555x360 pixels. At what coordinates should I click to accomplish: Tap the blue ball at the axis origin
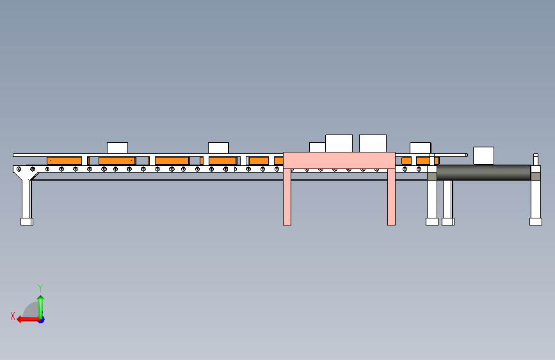[x=41, y=319]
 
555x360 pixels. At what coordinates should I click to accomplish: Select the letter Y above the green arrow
[x=40, y=288]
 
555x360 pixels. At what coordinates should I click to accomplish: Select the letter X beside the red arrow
[x=12, y=315]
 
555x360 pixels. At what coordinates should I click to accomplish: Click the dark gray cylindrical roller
[x=483, y=172]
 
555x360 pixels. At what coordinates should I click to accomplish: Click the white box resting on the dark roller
[x=483, y=156]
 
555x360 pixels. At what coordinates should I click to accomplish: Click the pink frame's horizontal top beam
[x=339, y=160]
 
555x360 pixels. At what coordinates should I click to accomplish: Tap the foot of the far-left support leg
[x=26, y=222]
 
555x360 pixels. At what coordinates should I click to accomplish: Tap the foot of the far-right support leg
[x=535, y=222]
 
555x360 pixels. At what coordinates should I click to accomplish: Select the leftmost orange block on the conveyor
[x=64, y=160]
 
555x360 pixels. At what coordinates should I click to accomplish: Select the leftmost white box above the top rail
[x=117, y=148]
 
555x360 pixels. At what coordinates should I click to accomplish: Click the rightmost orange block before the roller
[x=423, y=160]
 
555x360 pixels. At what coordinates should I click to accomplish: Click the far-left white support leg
[x=26, y=199]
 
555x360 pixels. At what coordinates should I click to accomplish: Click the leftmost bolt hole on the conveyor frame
[x=19, y=169]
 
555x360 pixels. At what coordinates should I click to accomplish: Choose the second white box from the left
[x=218, y=148]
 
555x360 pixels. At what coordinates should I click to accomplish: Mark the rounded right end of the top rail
[x=466, y=154]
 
